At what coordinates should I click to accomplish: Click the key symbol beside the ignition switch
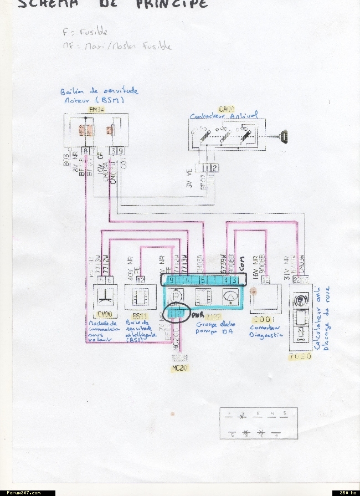(284, 136)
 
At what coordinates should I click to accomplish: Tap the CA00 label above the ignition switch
(227, 110)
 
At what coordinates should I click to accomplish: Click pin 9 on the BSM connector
(121, 150)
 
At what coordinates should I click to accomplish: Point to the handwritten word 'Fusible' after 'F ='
(94, 32)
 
